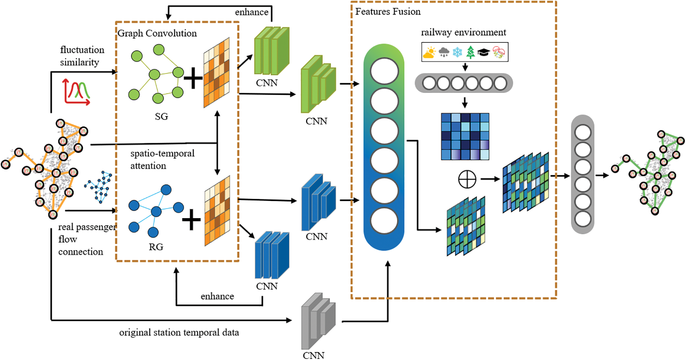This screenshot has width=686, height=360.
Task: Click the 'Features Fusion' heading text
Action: [x=387, y=12]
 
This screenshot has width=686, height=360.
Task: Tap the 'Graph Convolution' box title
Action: [x=157, y=33]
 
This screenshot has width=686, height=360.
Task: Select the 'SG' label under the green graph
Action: [x=161, y=116]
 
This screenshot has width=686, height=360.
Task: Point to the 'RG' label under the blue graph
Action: [x=156, y=247]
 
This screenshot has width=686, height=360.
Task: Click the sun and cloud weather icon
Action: [x=429, y=53]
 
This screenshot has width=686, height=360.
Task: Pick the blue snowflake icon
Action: [x=457, y=52]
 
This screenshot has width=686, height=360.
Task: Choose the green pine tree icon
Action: [x=470, y=52]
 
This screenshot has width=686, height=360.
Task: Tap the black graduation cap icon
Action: [x=483, y=53]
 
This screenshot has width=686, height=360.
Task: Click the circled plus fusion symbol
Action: [x=467, y=179]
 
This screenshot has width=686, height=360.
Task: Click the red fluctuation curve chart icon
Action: [x=76, y=92]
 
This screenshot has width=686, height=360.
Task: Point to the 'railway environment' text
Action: [x=463, y=32]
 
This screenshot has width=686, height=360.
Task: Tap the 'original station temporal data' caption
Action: [x=179, y=332]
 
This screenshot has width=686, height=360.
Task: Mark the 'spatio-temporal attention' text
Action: [x=162, y=159]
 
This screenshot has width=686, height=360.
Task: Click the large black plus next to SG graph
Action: [x=193, y=78]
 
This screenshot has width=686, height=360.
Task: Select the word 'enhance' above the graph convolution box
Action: [x=251, y=12]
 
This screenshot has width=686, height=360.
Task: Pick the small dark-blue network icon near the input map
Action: [x=99, y=186]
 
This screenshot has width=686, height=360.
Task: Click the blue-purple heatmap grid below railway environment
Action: [x=465, y=136]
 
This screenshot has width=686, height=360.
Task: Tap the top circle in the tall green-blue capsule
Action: [x=384, y=71]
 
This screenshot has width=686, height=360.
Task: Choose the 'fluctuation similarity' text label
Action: [x=82, y=56]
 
